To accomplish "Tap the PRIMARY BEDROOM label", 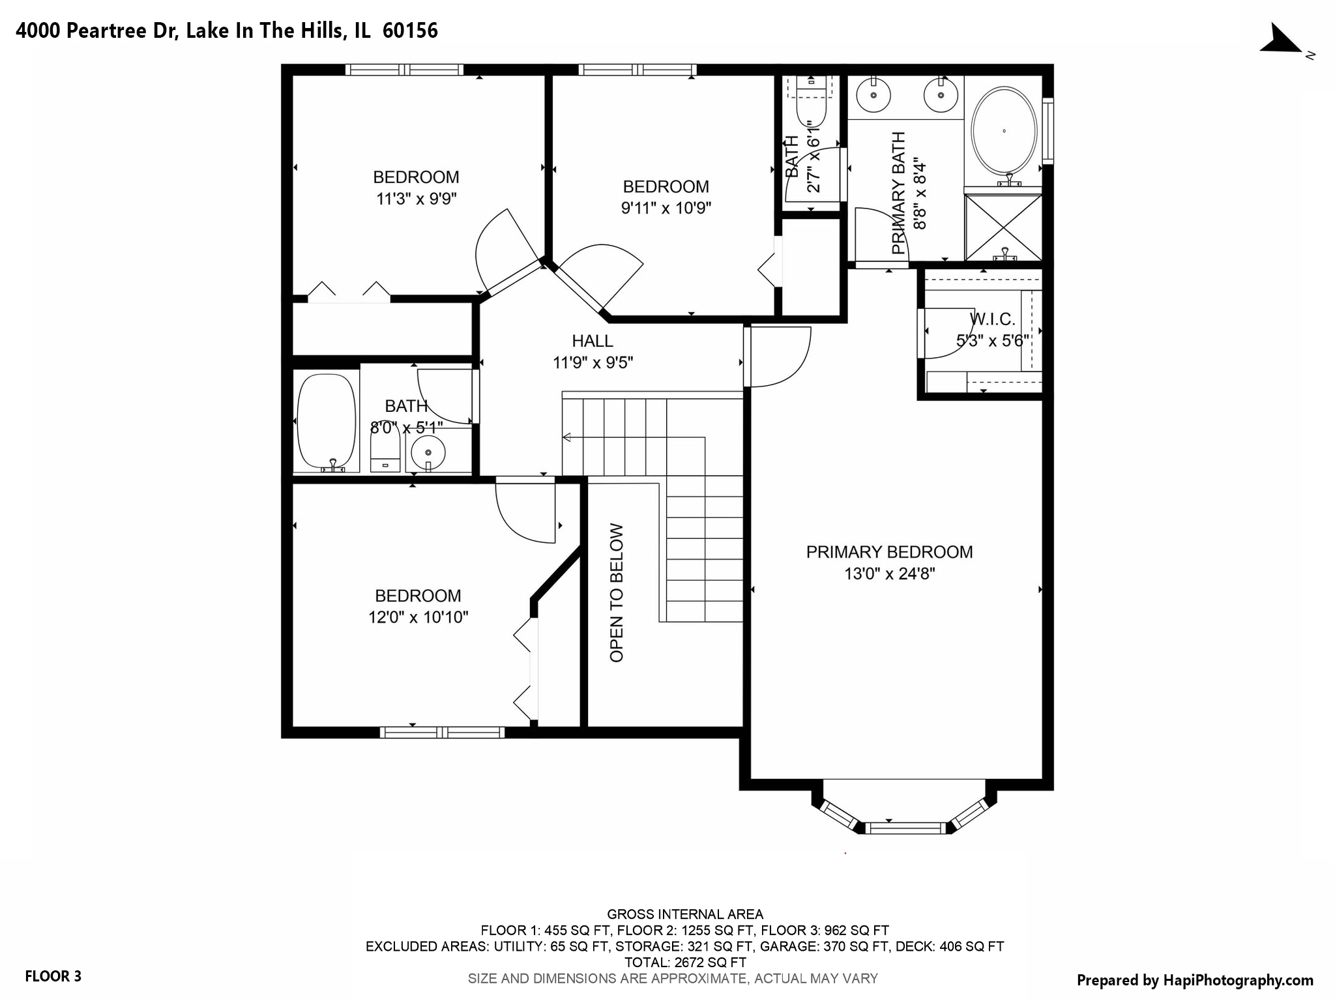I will coord(889,552).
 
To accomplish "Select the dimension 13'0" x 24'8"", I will coord(889,573).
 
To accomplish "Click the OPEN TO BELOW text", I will coord(617,593).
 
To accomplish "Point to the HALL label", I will coord(592,341).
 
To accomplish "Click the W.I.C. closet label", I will coord(992,319).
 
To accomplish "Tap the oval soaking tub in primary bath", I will coord(1004,131).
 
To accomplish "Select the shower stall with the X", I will coord(1003,226).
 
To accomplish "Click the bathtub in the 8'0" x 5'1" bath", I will coord(327,420).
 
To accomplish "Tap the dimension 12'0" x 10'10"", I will coord(418,617).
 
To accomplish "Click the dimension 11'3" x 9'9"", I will coord(416,199).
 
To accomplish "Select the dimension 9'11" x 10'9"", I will coord(666,208).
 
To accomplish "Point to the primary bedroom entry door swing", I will coord(779,355).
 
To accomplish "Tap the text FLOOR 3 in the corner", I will coord(53,976).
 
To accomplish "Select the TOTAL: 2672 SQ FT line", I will coord(684,962).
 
